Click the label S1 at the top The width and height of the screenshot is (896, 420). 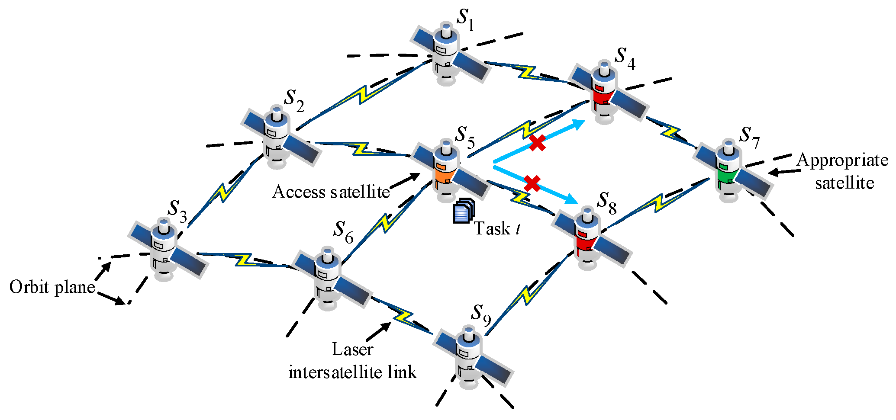(466, 19)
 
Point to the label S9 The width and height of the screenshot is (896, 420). (480, 314)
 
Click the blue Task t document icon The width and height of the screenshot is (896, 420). (464, 211)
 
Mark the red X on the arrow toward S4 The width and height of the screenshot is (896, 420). (537, 143)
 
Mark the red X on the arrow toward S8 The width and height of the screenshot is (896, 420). (532, 183)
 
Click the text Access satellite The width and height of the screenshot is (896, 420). (331, 192)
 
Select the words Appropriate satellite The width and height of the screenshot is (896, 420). (842, 171)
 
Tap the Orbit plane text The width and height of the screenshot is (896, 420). (52, 287)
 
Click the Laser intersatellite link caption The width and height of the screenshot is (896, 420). (352, 361)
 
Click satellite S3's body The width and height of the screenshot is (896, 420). (164, 249)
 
